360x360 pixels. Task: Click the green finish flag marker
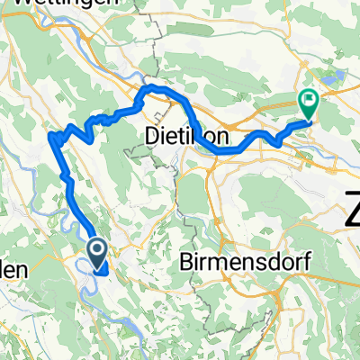click(x=309, y=104)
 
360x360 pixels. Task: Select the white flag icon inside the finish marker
click(x=309, y=101)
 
